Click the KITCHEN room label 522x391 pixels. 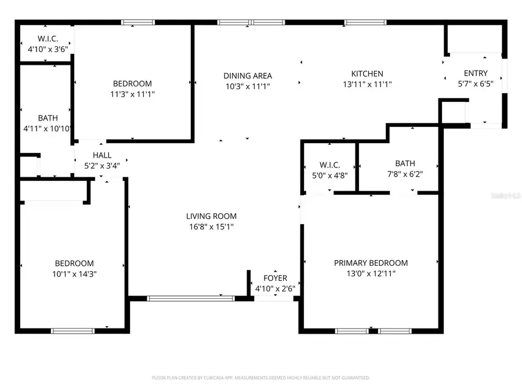tap(367, 74)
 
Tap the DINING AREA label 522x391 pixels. tap(248, 75)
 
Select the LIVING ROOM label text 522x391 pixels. tap(211, 216)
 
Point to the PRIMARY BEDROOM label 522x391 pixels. tap(371, 262)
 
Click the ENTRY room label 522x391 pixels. tap(476, 73)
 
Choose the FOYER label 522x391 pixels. tap(275, 278)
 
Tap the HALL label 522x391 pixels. tap(102, 155)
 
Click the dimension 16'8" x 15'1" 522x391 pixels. tap(211, 226)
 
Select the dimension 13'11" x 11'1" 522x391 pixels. tap(367, 84)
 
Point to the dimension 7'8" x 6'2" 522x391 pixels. tap(405, 174)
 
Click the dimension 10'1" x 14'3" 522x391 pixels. tap(74, 273)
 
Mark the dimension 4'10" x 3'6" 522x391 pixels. tap(48, 49)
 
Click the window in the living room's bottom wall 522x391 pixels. tap(190, 298)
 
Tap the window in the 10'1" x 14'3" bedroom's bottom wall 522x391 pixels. tap(72, 331)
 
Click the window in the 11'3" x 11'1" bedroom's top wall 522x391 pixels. tap(137, 23)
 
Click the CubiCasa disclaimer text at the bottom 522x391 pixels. tap(260, 378)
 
